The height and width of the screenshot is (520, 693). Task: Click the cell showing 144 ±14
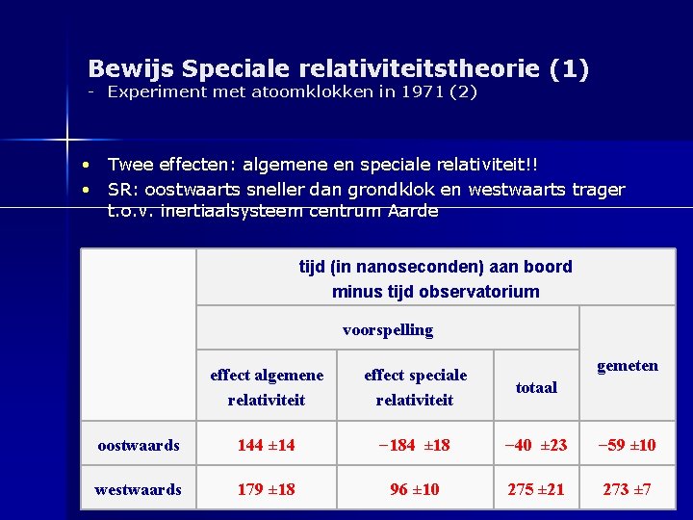(267, 446)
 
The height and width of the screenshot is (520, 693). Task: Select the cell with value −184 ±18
(415, 446)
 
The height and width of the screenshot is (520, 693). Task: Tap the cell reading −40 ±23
(536, 446)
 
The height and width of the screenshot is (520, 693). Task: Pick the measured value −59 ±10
(627, 446)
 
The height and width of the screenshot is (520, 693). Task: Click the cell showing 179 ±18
(267, 490)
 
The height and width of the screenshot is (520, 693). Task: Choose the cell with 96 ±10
(415, 490)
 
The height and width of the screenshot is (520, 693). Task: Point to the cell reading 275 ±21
(536, 490)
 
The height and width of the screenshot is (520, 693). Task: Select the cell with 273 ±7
(627, 490)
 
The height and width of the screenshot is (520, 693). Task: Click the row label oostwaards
(139, 446)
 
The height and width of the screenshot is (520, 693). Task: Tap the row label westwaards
(138, 490)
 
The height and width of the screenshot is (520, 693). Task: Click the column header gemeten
(628, 366)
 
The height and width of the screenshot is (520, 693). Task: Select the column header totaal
(536, 388)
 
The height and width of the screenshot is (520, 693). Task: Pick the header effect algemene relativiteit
(267, 387)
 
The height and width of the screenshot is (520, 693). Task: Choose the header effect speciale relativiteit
(415, 387)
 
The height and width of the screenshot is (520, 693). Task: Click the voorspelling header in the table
(388, 330)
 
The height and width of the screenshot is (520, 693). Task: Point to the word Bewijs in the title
(129, 69)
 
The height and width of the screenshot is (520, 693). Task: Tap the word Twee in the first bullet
(129, 168)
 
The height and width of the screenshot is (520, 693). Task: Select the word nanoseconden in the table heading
(394, 267)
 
